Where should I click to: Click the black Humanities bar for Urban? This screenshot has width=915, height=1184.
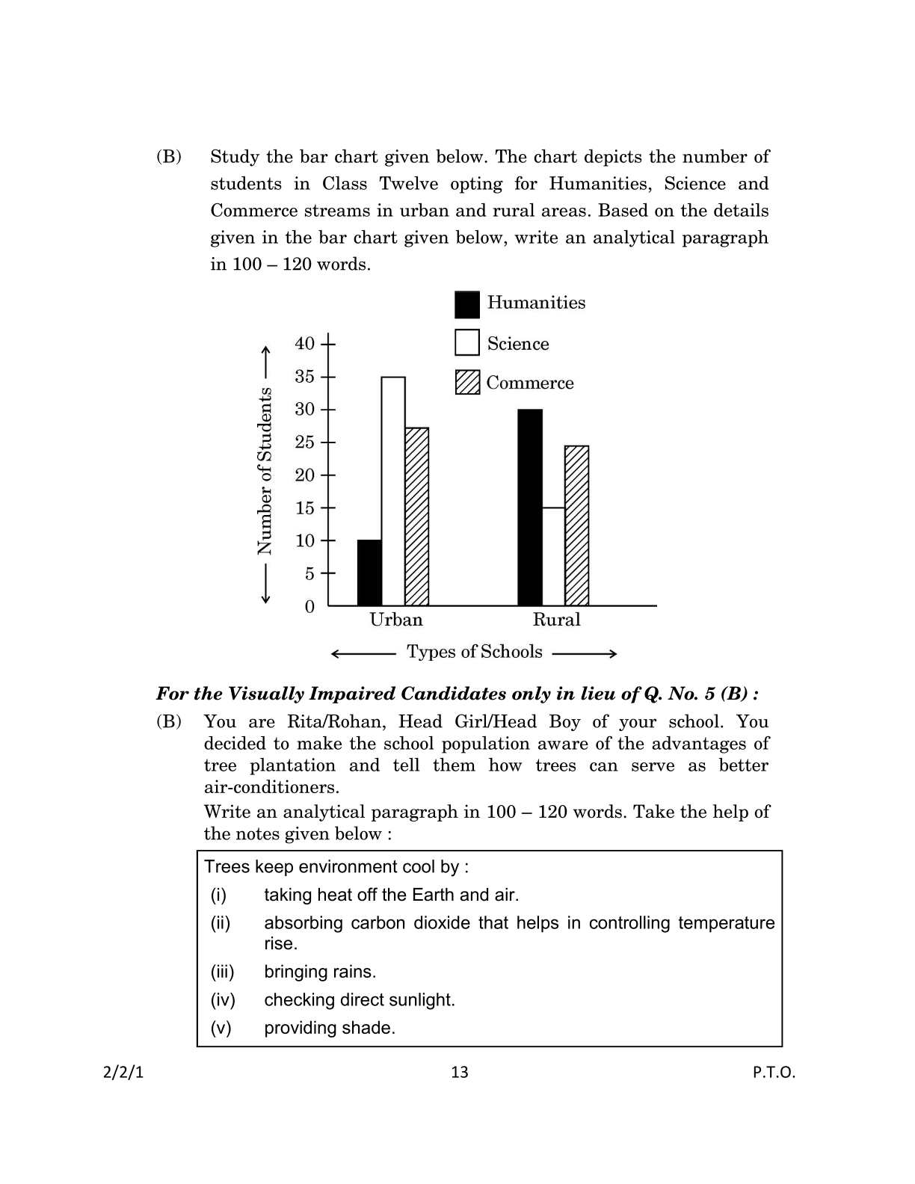coord(369,573)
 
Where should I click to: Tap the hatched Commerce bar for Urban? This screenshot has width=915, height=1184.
coord(416,517)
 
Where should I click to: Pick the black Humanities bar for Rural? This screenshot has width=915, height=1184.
coord(530,508)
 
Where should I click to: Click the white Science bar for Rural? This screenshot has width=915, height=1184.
coord(553,556)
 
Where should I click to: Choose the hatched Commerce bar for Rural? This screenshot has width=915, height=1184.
coord(576,525)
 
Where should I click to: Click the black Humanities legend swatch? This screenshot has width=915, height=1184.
coord(467,304)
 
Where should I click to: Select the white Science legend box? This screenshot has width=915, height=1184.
coord(467,343)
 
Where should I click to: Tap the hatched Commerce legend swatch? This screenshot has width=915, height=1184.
coord(467,382)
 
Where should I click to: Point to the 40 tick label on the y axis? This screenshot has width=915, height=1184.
coord(305,344)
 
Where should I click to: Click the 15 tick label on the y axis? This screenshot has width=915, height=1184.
coord(305,508)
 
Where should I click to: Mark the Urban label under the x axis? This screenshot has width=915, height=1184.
coord(396,620)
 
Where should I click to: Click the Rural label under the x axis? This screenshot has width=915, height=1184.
coord(556,620)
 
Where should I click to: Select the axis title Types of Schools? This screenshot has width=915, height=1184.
coord(475,652)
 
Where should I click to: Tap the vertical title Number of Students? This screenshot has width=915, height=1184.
coord(265,471)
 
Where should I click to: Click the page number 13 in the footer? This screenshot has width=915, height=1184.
coord(460,1073)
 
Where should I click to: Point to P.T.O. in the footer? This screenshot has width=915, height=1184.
coord(774,1073)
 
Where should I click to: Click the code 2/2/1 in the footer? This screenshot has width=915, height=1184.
coord(123,1073)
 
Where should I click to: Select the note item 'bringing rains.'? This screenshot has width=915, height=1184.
coord(320,972)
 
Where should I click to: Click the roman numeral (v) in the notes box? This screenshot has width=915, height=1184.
coord(221,1028)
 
